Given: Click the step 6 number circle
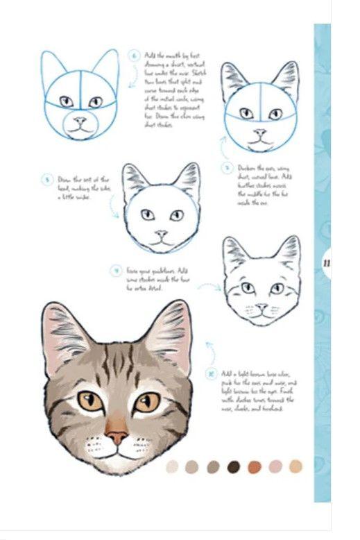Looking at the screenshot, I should point(135,56).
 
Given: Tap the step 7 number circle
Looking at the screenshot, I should point(226,167).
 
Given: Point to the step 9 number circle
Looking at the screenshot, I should point(115,269).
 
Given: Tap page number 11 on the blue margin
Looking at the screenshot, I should point(325,263).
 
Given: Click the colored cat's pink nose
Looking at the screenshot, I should point(117,437).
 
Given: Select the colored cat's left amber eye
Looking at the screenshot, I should point(90,400).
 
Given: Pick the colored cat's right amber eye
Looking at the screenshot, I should point(146,402).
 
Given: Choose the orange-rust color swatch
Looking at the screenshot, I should point(255,466).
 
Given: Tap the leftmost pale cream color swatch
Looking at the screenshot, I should point(172,466).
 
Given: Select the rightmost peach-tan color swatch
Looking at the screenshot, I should point(296,466).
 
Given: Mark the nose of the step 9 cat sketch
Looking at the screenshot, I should point(261,305).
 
